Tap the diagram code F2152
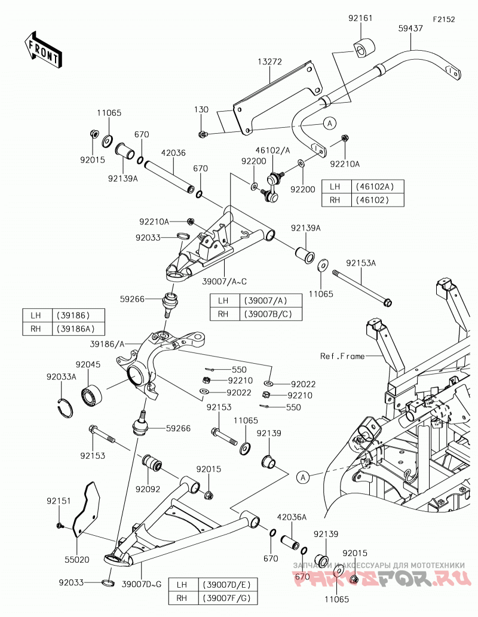coord(444,19)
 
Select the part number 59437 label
coord(410,28)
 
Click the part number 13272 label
coord(269,62)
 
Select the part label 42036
coord(173,153)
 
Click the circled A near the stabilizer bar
coord(330,123)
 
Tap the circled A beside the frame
coord(302,477)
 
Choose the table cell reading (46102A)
coord(374,186)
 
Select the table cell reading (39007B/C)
coord(271,314)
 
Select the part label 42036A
coord(292,517)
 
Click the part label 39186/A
coord(107,344)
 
